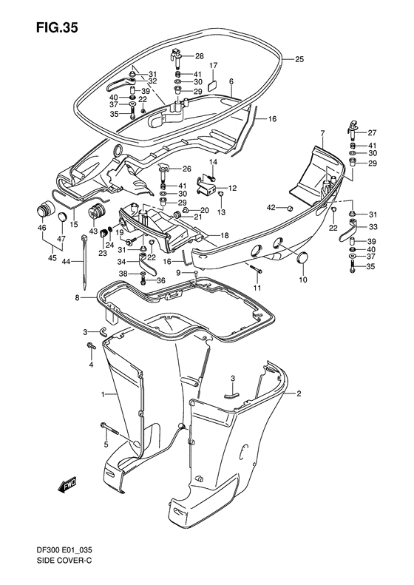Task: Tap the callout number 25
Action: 299,59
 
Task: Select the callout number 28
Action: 200,56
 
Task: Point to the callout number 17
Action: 212,66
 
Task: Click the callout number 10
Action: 302,280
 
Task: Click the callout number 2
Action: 300,393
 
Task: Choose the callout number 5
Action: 106,444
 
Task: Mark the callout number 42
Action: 271,206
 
